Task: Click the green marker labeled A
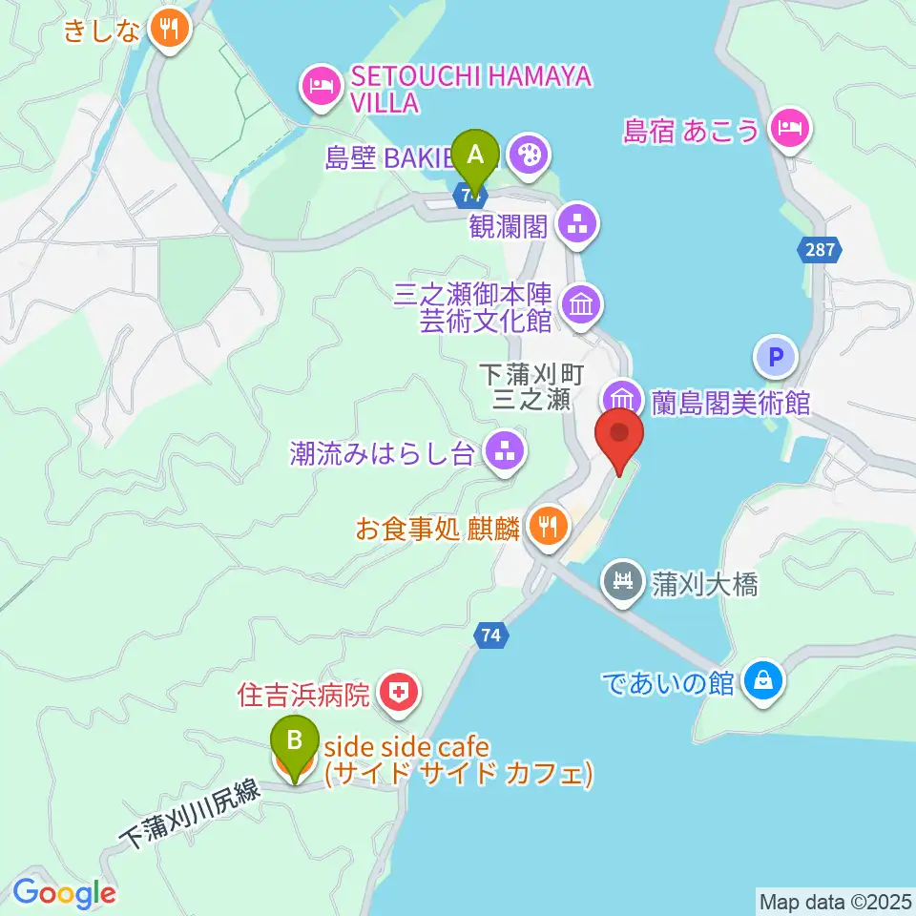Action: click(x=475, y=154)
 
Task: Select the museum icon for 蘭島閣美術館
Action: click(x=621, y=398)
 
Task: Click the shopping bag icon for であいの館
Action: click(x=764, y=681)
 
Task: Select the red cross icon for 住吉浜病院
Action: click(x=398, y=694)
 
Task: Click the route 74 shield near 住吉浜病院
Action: click(x=491, y=635)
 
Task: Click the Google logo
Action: click(x=65, y=893)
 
